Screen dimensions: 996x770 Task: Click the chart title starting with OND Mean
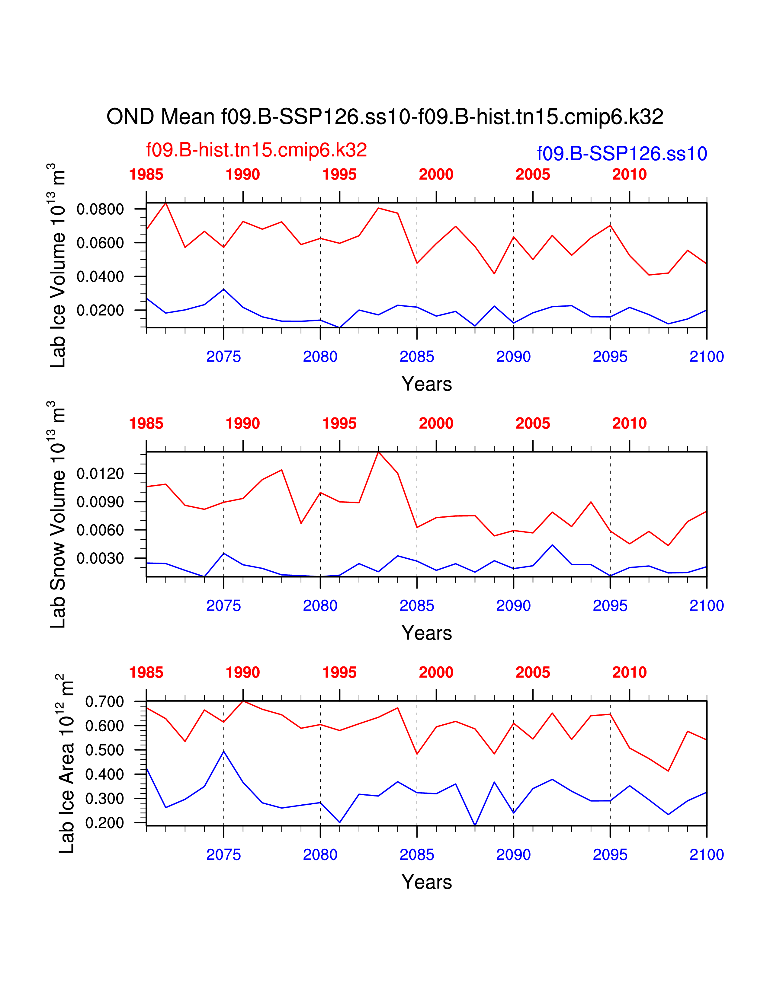click(x=384, y=117)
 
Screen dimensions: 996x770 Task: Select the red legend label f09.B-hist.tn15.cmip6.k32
click(x=256, y=150)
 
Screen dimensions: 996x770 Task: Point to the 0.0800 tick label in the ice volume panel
click(x=100, y=209)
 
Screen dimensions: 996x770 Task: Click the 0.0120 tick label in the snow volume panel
click(x=100, y=474)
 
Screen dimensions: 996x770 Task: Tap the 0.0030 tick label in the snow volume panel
click(x=100, y=558)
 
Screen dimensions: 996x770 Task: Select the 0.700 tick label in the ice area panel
click(x=104, y=702)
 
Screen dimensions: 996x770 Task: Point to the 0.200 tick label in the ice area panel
click(x=104, y=823)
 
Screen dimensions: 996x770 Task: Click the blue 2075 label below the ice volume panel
click(x=223, y=357)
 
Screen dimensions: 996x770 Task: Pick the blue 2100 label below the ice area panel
click(x=707, y=855)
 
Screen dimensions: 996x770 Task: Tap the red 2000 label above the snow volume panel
click(x=436, y=424)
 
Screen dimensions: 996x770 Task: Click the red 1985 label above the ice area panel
click(x=146, y=673)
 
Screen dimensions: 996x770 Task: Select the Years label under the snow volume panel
click(x=426, y=633)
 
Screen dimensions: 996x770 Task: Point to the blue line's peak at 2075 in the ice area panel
click(x=223, y=751)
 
